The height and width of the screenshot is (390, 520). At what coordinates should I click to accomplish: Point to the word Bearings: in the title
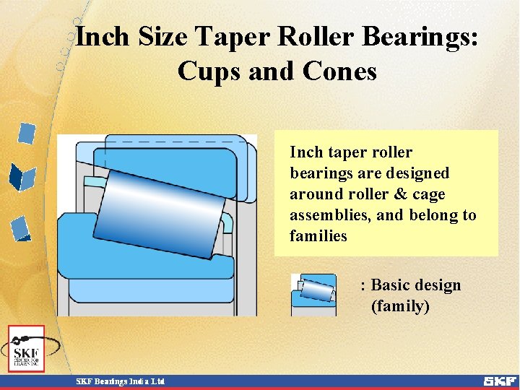pos(419,37)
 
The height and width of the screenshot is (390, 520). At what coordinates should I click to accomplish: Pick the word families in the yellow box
pos(318,236)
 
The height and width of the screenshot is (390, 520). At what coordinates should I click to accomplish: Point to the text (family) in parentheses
pos(400,306)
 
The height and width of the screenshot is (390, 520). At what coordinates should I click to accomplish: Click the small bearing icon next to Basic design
pos(313,295)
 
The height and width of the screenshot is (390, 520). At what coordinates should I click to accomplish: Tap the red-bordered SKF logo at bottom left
pos(26,349)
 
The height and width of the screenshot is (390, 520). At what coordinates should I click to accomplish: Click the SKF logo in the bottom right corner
pos(499,381)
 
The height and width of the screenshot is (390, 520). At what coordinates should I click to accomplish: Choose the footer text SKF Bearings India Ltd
pos(121,381)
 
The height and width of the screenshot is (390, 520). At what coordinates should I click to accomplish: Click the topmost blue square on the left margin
pos(27,134)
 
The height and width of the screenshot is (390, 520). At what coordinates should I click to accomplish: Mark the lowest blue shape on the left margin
pos(21,229)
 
